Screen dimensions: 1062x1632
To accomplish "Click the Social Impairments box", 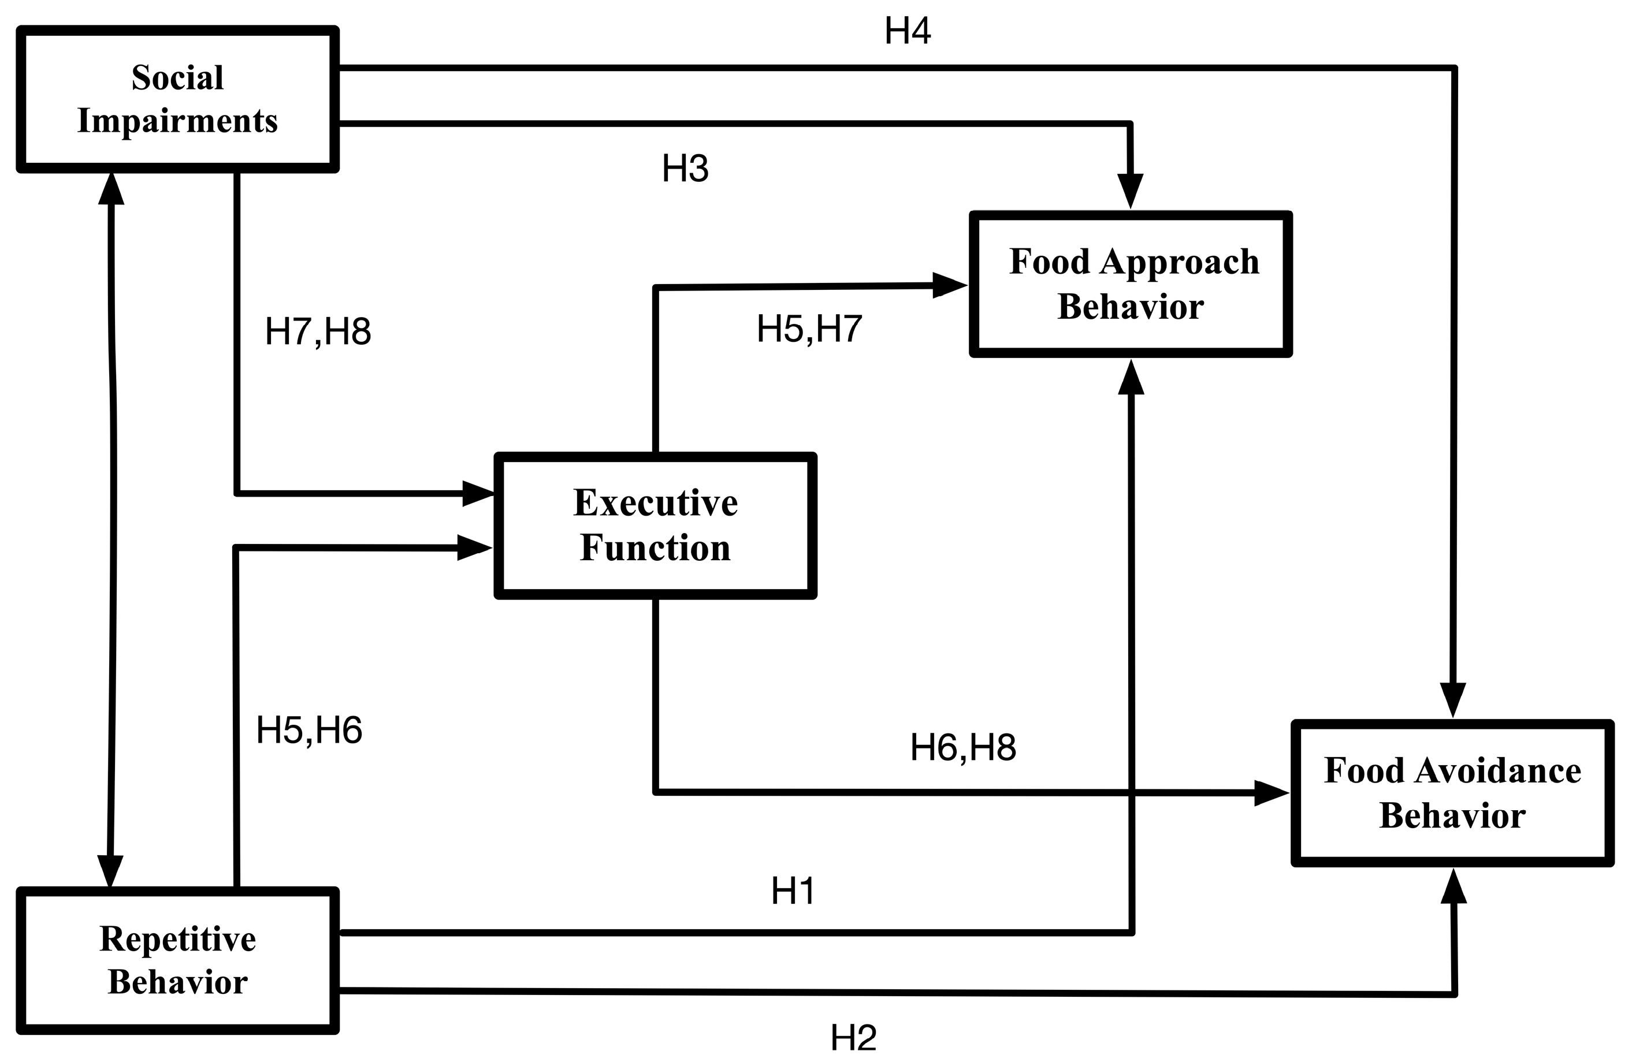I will coord(177,99).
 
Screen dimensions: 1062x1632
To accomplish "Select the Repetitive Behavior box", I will coord(177,960).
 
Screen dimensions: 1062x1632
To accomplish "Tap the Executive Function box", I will coord(655,526).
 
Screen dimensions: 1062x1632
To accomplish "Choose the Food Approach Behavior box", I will coord(1130,285).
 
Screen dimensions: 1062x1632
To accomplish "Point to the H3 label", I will coord(685,169).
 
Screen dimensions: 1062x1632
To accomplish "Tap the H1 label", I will coord(793,891).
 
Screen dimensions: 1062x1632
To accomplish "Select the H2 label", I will coord(853,1037).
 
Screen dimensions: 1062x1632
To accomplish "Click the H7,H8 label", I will coord(318,332).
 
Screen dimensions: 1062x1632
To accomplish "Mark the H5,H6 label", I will coord(308,729).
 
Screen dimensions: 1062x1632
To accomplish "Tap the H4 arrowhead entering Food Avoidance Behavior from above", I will coord(1452,699).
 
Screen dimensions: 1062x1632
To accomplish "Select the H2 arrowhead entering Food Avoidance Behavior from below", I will coord(1453,888).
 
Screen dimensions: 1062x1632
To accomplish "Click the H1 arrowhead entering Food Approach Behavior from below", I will coord(1131,378).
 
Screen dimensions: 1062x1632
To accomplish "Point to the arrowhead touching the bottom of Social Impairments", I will coord(111,188).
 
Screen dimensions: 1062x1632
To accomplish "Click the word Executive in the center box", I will coord(655,502).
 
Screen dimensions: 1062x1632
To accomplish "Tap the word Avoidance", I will coord(1497,770).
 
